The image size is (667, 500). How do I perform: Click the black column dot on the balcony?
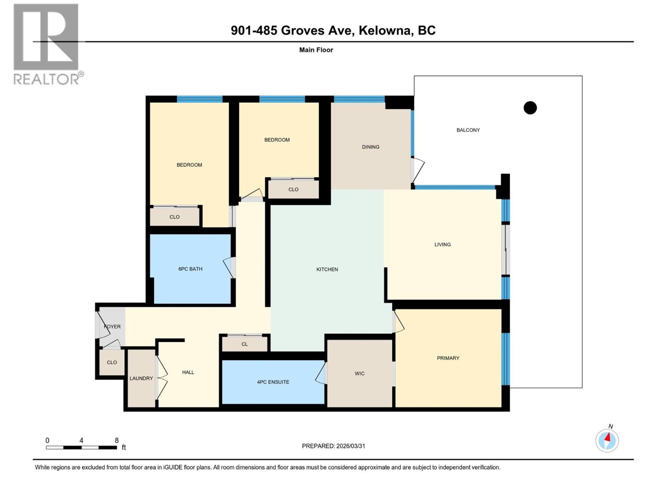(530, 108)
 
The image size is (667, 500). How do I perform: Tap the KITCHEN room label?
(327, 270)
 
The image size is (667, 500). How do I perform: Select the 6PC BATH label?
(190, 269)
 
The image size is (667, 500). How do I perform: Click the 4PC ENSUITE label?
(273, 382)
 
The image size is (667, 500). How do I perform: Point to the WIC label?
(359, 374)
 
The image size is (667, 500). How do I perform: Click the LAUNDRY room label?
(141, 378)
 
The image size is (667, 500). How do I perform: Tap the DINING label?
(370, 147)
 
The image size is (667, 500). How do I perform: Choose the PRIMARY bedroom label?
(448, 358)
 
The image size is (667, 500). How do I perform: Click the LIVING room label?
(442, 245)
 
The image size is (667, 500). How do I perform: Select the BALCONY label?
(468, 130)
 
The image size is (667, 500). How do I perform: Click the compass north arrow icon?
(607, 440)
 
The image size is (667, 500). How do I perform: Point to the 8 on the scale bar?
(117, 440)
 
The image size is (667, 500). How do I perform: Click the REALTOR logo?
(46, 44)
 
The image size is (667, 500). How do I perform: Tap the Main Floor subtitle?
(316, 50)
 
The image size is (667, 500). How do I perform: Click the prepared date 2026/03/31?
(350, 446)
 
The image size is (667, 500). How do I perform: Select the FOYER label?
(112, 327)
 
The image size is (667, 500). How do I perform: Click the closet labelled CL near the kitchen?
(245, 344)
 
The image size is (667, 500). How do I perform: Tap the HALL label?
(188, 372)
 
